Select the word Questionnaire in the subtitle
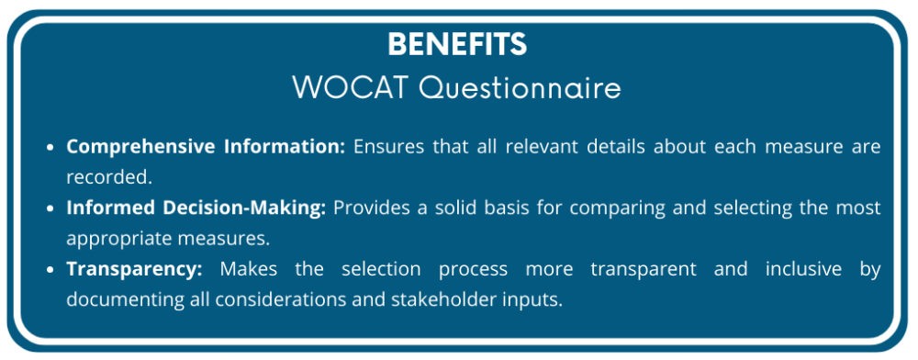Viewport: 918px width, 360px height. click(521, 88)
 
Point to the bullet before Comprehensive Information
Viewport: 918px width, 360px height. click(51, 147)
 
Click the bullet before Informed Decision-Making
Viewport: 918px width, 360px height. click(51, 208)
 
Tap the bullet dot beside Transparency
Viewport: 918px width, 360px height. click(51, 270)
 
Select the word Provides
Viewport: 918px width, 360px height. click(368, 208)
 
